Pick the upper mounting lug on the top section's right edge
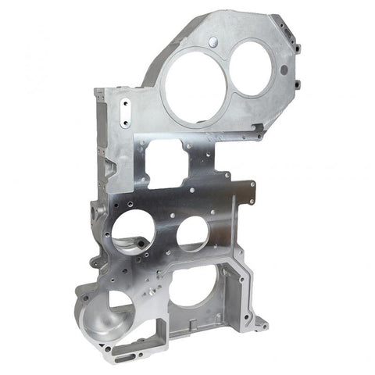pyautogui.click(x=298, y=48)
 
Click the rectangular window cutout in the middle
pyautogui.click(x=166, y=165)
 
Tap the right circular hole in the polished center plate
pyautogui.click(x=193, y=233)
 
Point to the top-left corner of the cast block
pyautogui.click(x=98, y=91)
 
